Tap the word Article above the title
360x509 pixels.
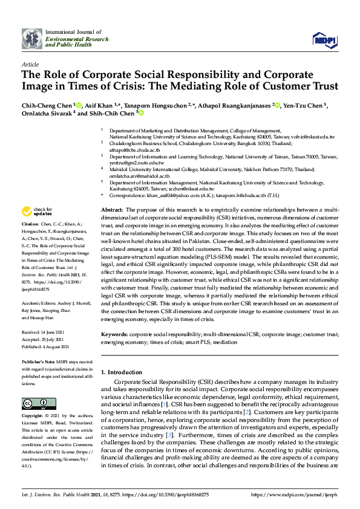[30, 63]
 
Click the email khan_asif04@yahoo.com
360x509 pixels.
[168, 195]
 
